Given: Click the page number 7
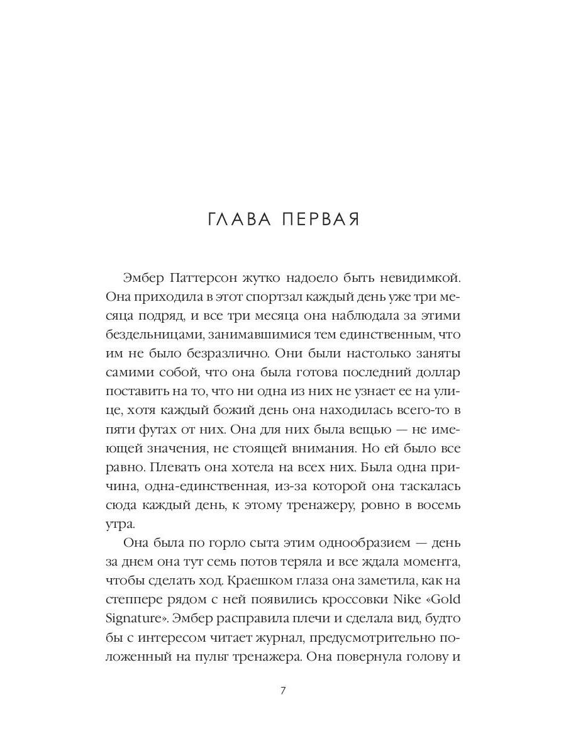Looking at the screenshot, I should [x=282, y=691].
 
